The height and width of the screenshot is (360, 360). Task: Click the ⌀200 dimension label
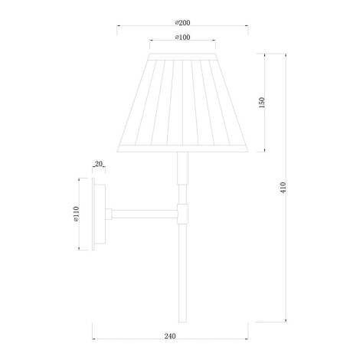click(x=182, y=23)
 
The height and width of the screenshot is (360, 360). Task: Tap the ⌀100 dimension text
click(x=182, y=38)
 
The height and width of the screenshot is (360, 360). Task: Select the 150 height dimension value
click(x=262, y=103)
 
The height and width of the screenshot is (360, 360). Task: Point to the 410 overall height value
click(x=283, y=188)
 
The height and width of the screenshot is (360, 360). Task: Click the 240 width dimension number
click(x=170, y=336)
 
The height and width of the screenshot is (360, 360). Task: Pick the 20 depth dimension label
click(x=99, y=164)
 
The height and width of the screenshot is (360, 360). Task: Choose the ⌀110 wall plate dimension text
click(x=76, y=214)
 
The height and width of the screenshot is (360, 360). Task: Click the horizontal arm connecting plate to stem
click(x=145, y=214)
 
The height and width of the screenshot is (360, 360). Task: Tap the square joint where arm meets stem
click(x=182, y=214)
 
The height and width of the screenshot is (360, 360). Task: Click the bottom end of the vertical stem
click(x=182, y=322)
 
